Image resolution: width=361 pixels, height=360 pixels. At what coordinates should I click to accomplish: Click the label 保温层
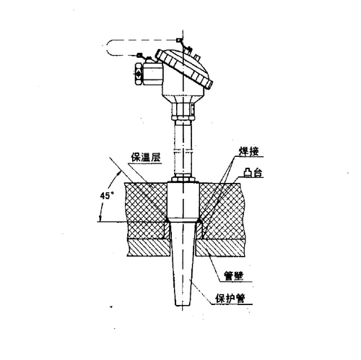pyautogui.click(x=146, y=158)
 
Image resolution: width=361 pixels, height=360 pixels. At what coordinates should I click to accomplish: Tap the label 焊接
pyautogui.click(x=248, y=151)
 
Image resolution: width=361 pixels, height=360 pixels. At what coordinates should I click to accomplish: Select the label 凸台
pyautogui.click(x=253, y=173)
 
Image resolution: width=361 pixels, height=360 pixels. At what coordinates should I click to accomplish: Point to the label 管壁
pyautogui.click(x=234, y=276)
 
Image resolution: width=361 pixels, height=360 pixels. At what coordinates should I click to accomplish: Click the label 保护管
pyautogui.click(x=230, y=299)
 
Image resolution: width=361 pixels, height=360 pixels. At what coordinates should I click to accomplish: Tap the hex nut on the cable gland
pyautogui.click(x=139, y=74)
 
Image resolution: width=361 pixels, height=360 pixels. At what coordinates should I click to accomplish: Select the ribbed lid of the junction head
pyautogui.click(x=184, y=69)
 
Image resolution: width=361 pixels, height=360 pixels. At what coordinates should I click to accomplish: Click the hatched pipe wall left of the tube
pyautogui.click(x=149, y=248)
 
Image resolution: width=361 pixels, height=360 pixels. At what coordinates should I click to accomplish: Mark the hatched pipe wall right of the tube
pyautogui.click(x=221, y=248)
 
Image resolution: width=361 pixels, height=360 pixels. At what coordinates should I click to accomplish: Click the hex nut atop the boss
pyautogui.click(x=183, y=179)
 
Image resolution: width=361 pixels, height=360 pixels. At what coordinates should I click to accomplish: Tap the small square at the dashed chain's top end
pyautogui.click(x=178, y=40)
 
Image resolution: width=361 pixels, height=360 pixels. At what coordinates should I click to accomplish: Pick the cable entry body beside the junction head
pyautogui.click(x=153, y=74)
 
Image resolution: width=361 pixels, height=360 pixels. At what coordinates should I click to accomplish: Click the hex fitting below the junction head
pyautogui.click(x=183, y=111)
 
